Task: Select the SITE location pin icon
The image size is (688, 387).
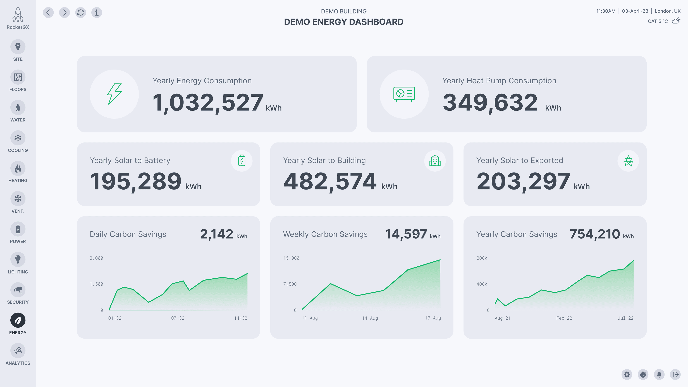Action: pos(18,47)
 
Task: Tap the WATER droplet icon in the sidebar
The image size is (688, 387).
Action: pos(18,107)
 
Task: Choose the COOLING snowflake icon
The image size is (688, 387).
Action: pos(18,138)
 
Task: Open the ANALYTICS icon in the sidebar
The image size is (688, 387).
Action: pos(18,350)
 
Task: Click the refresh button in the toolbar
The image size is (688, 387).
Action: pos(80,13)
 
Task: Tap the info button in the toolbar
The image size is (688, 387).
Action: pos(97,13)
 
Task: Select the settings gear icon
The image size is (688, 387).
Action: pos(627,374)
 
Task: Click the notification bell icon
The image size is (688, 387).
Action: pos(659,374)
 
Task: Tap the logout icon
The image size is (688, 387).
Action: pos(675,374)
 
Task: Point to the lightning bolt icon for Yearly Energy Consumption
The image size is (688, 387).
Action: pos(114,94)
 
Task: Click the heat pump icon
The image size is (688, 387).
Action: pos(404,94)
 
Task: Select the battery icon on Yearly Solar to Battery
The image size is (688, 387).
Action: pos(242,161)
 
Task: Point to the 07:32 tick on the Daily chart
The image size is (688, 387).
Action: pos(178,318)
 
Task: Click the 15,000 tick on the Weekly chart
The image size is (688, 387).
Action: pos(291,258)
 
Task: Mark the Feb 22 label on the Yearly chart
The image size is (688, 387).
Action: pos(564,318)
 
